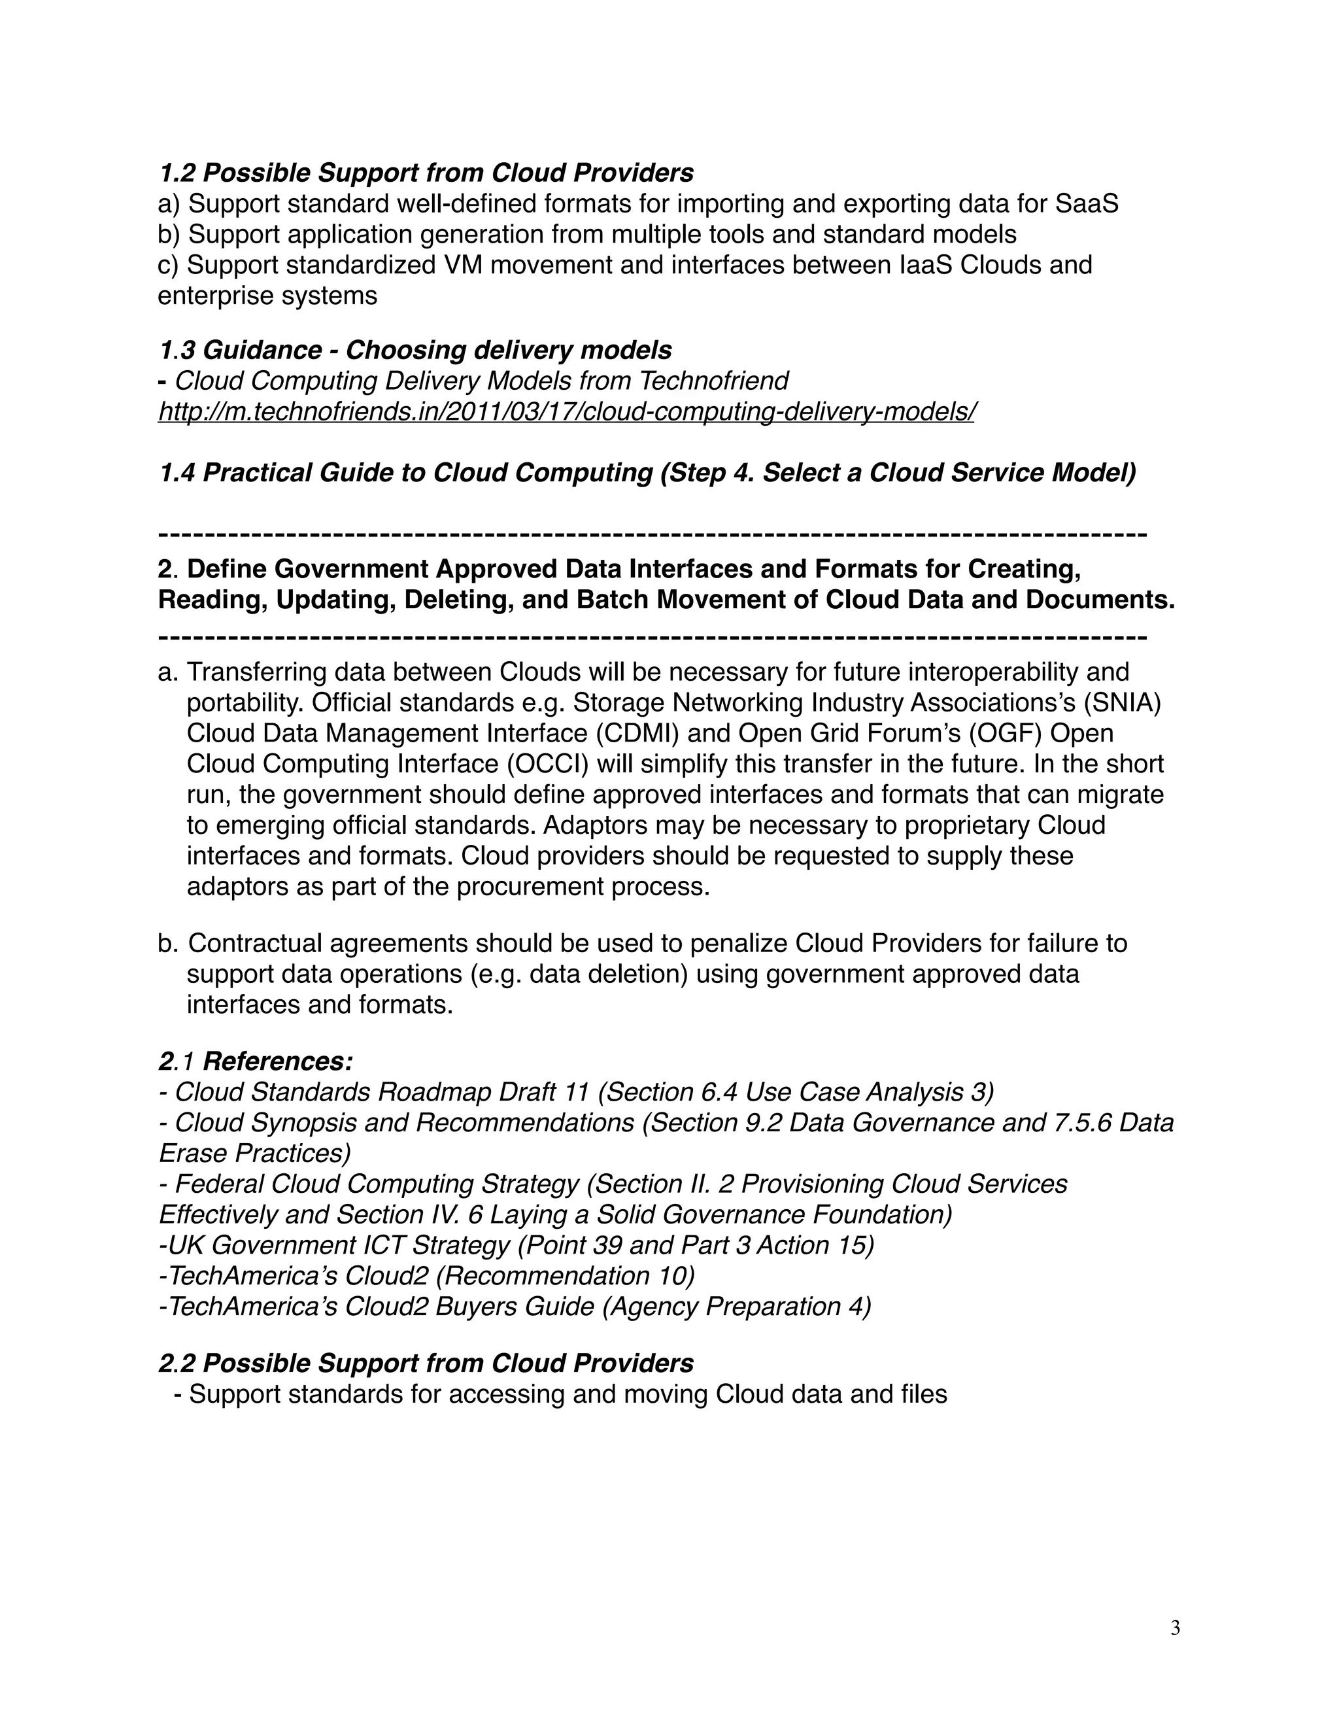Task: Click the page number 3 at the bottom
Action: coord(1175,1628)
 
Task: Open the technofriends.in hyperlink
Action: coord(566,412)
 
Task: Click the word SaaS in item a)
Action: coord(1087,204)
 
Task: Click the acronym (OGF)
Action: coord(1004,733)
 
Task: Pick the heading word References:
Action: coord(278,1061)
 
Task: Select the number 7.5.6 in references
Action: coord(1072,1123)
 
